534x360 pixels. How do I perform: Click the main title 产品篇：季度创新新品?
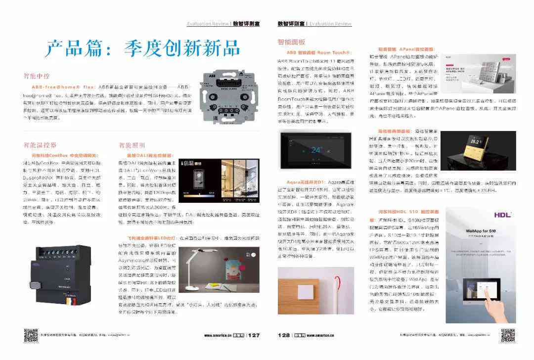tap(143, 48)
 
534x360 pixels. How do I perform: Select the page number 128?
tap(284, 335)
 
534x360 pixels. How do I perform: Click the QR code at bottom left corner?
tap(31, 335)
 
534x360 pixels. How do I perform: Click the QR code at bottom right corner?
tap(508, 335)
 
